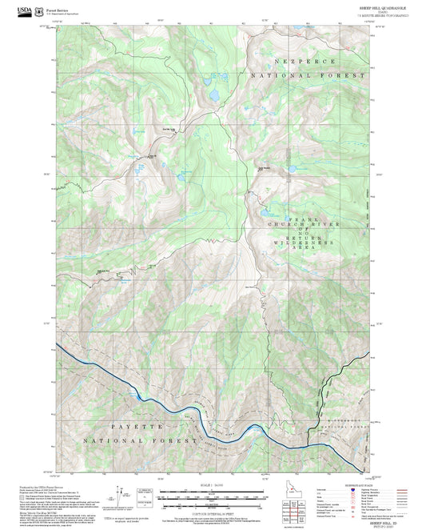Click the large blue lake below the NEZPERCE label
[x=213, y=94]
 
